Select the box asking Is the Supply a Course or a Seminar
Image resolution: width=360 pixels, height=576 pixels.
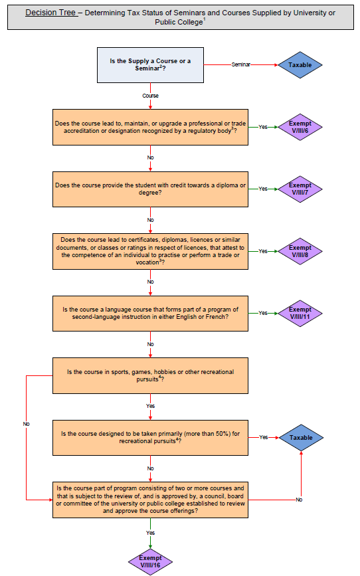point(150,65)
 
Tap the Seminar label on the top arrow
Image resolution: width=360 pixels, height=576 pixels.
point(241,64)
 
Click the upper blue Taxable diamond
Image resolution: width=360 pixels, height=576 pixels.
point(300,65)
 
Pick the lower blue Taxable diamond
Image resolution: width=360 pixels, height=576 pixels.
point(300,438)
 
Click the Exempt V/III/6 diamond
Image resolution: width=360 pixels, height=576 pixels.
point(300,127)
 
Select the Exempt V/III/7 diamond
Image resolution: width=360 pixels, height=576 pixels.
point(300,189)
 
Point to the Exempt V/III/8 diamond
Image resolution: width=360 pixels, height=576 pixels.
point(300,251)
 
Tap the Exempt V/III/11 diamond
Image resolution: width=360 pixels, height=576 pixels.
point(300,313)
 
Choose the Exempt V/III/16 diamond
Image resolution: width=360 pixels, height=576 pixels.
point(150,561)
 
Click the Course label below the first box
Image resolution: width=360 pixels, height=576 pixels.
point(150,96)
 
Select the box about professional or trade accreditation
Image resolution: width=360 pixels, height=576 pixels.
point(150,127)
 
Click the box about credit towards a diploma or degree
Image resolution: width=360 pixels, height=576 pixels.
point(150,189)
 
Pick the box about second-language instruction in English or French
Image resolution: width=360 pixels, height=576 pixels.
point(150,313)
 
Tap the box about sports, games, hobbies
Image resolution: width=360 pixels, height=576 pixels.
point(150,375)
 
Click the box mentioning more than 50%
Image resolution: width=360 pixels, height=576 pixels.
point(150,437)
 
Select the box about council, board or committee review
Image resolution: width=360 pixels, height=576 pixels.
point(150,499)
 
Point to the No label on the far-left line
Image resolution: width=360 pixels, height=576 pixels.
point(27,423)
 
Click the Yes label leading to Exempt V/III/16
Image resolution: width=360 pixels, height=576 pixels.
point(150,532)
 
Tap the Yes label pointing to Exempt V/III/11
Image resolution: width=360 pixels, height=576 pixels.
point(263,313)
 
